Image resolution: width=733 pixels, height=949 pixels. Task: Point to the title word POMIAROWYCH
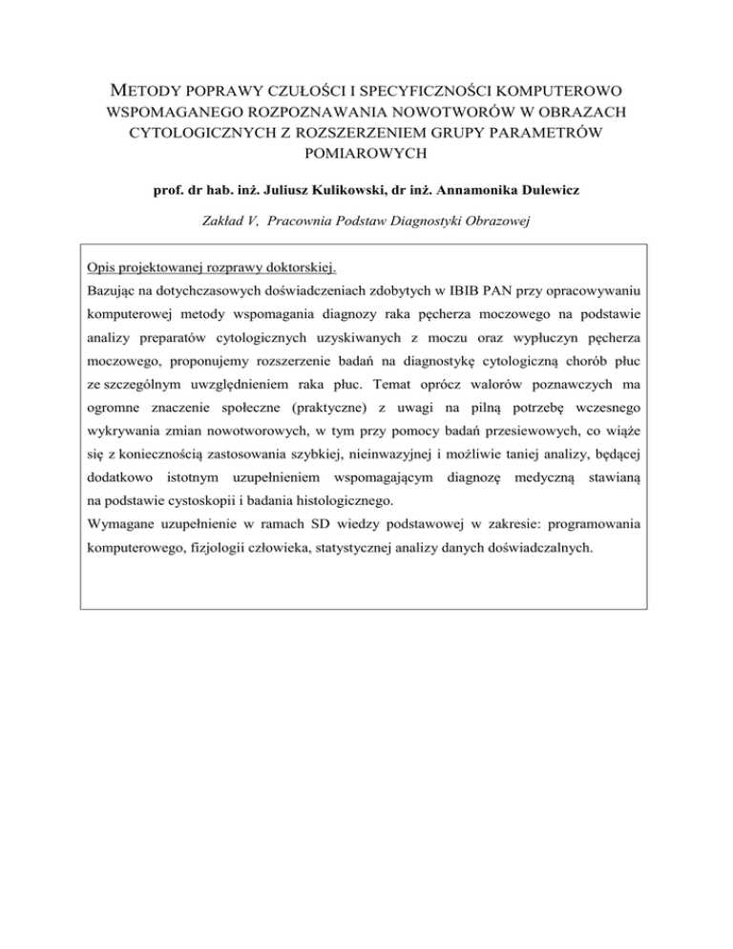pyautogui.click(x=366, y=152)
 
